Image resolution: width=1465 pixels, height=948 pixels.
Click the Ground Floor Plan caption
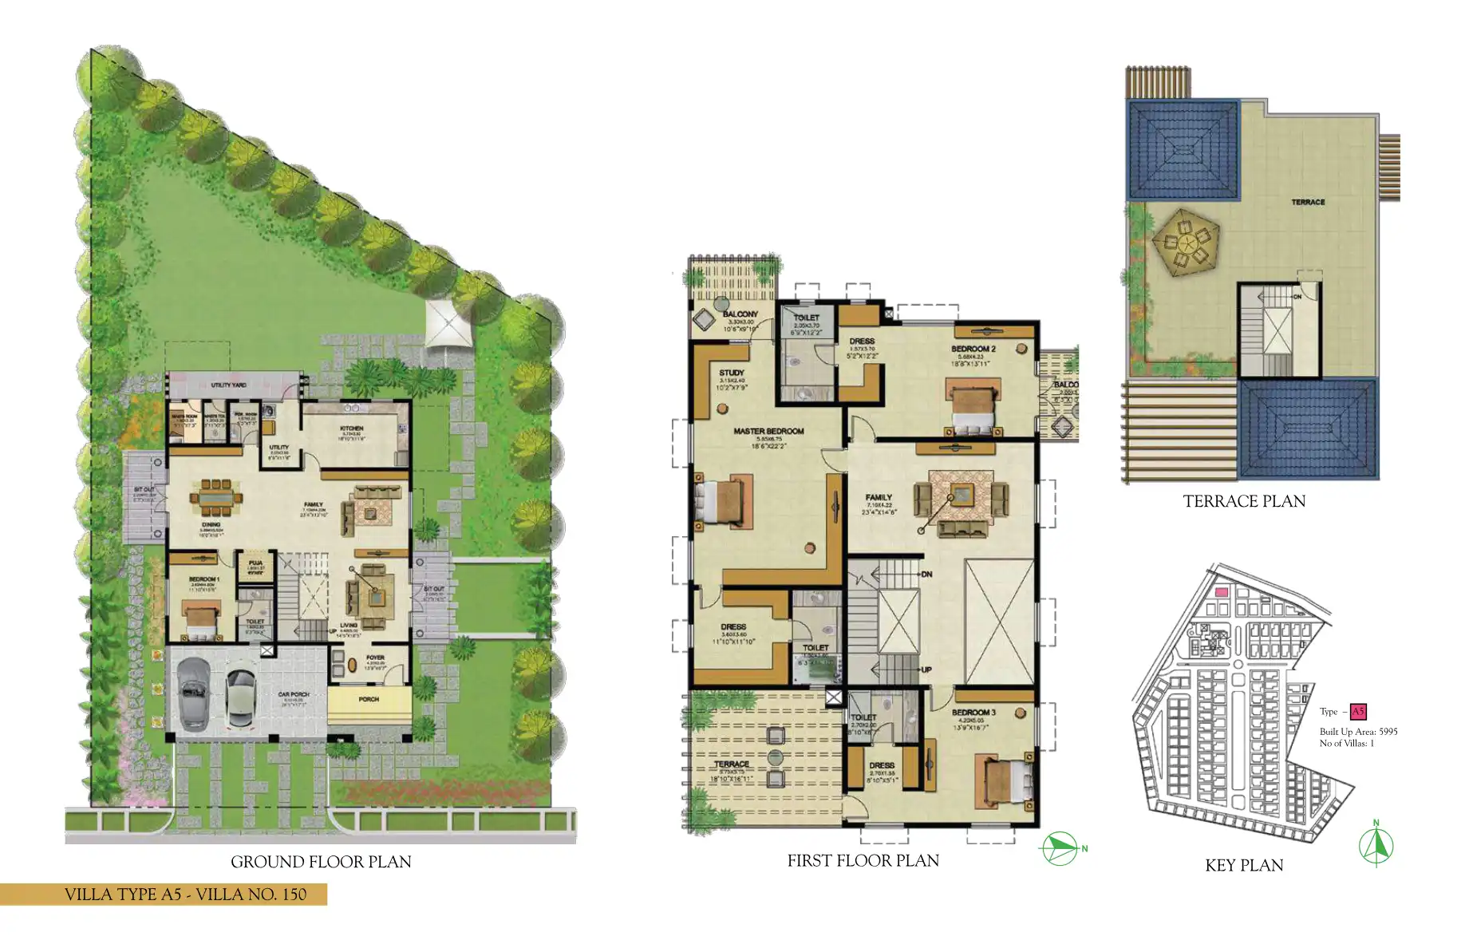[x=321, y=862]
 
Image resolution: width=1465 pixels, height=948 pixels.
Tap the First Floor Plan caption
[x=863, y=860]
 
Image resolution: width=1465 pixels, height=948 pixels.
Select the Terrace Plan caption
[x=1244, y=501]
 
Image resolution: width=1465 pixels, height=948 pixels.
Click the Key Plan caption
[x=1244, y=865]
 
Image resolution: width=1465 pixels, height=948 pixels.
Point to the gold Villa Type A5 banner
[x=164, y=895]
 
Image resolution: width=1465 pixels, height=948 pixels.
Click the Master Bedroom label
[x=768, y=431]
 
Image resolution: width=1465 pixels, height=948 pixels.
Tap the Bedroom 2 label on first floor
[x=973, y=350]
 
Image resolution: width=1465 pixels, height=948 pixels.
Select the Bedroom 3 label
[x=973, y=713]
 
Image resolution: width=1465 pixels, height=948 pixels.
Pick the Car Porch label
[x=294, y=695]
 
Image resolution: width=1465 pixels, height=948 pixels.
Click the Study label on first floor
[x=731, y=373]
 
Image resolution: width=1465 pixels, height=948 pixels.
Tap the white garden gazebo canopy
[x=448, y=322]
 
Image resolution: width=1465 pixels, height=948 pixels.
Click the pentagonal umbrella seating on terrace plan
[x=1185, y=241]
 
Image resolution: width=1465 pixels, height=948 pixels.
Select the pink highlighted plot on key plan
[x=1221, y=593]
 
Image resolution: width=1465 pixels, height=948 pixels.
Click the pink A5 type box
[x=1358, y=712]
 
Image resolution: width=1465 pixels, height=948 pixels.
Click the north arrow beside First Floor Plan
[x=1061, y=848]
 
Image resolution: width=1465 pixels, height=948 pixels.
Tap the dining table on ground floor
[x=215, y=499]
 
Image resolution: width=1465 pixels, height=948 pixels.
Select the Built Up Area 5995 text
[x=1358, y=732]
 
